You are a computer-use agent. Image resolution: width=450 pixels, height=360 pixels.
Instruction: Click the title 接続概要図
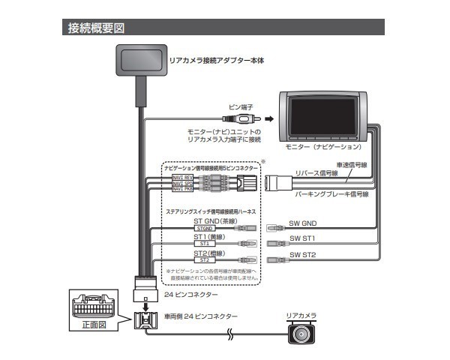tap(95, 28)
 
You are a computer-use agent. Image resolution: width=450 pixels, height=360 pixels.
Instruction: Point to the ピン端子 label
tap(241, 107)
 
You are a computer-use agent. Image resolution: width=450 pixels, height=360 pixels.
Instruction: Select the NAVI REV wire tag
tap(183, 177)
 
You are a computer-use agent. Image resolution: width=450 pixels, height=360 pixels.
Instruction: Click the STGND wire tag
tap(204, 228)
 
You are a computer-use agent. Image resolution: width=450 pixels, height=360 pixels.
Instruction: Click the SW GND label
tap(303, 223)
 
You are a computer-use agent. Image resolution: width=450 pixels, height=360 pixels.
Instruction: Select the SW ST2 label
tap(303, 255)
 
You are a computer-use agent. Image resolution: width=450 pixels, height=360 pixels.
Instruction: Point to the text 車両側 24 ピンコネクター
tap(201, 317)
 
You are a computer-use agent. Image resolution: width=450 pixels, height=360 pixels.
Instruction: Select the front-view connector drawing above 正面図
tap(94, 307)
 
